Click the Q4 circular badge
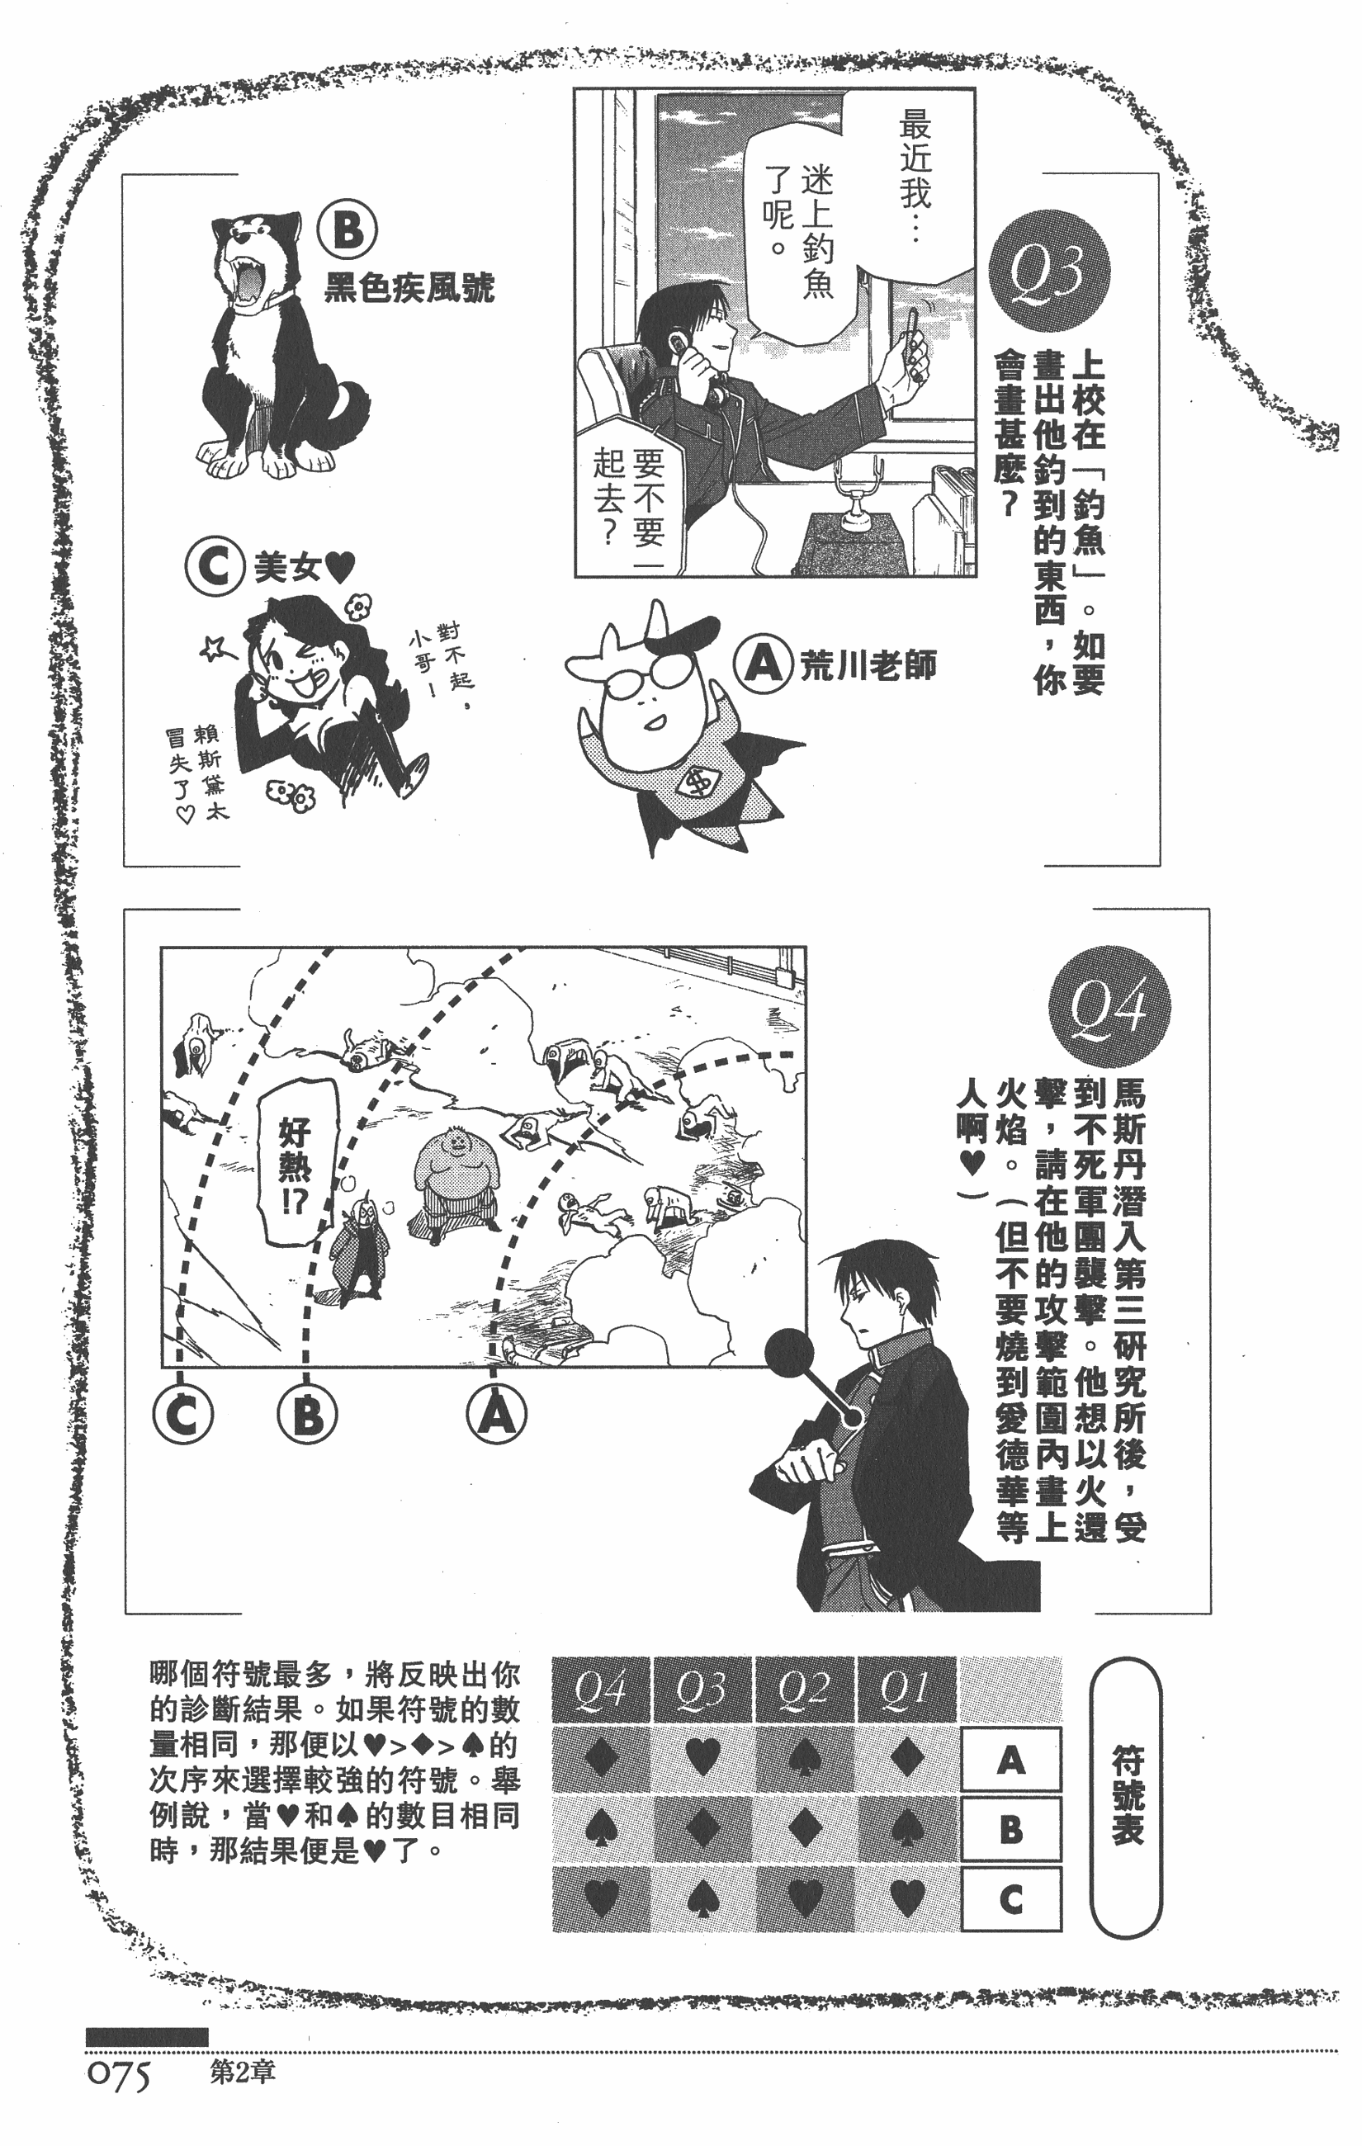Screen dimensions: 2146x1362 coord(1109,1006)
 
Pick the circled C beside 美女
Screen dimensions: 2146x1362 coord(215,567)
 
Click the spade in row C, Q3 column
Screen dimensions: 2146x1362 coord(702,1899)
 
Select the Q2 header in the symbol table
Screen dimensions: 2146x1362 coord(803,1689)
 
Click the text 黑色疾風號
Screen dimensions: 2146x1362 coord(409,287)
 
